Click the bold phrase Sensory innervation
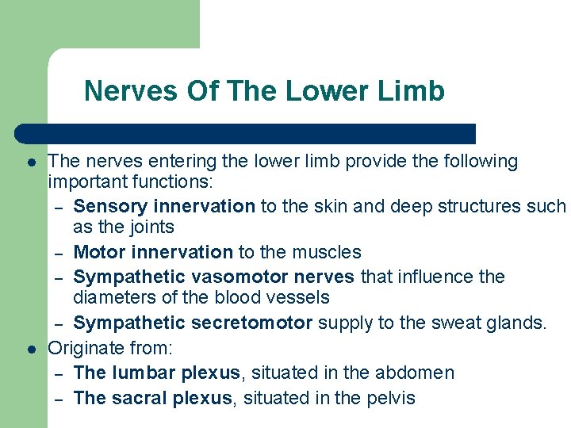click(x=164, y=206)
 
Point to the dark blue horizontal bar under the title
click(x=246, y=133)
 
